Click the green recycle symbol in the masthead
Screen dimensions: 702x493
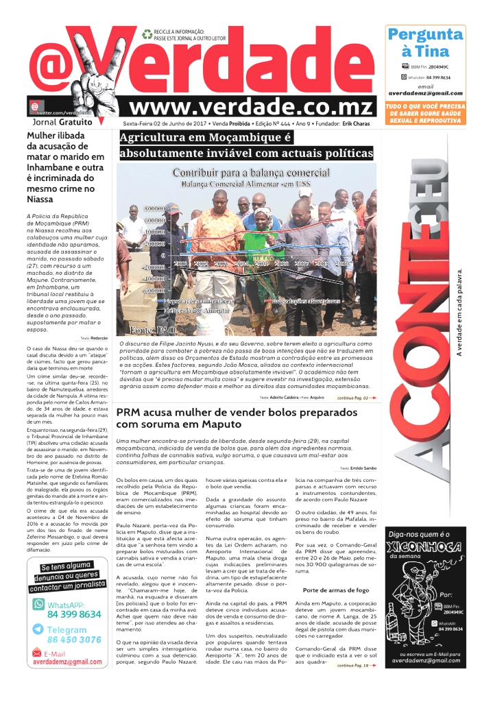[x=147, y=33]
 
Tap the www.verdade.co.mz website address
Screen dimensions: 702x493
[x=252, y=106]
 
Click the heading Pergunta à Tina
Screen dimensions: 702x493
[x=425, y=43]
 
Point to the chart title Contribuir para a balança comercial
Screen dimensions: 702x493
[x=251, y=173]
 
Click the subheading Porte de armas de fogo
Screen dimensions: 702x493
[x=336, y=589]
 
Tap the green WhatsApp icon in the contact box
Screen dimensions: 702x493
[x=39, y=605]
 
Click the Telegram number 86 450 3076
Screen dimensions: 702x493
[x=75, y=640]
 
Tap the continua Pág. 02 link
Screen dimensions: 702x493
[x=357, y=398]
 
